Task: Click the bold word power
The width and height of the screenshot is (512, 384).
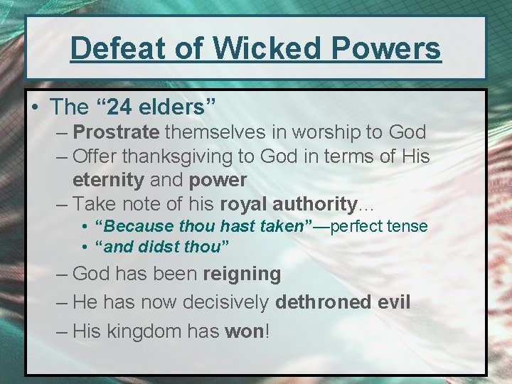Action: pyautogui.click(x=217, y=179)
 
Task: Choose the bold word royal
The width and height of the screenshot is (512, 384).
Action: pyautogui.click(x=243, y=203)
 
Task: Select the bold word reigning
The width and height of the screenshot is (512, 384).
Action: pyautogui.click(x=242, y=274)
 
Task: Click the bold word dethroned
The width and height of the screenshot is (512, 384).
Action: pyautogui.click(x=322, y=302)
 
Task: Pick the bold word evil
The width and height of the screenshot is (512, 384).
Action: pyautogui.click(x=393, y=302)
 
